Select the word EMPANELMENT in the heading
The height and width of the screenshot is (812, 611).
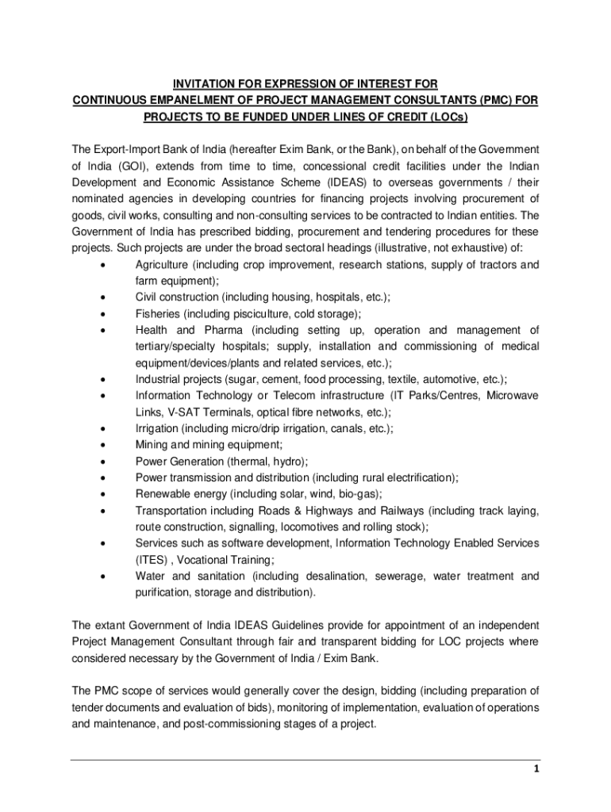coord(198,101)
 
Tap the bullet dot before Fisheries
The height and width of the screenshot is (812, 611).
coord(103,314)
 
